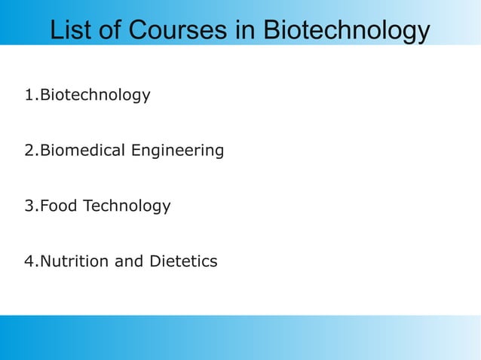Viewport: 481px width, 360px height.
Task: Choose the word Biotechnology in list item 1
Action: (x=94, y=96)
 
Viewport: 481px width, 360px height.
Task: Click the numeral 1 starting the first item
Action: (x=29, y=96)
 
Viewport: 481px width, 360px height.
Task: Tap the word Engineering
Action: (x=177, y=152)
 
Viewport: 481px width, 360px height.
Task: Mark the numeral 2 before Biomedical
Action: (x=29, y=151)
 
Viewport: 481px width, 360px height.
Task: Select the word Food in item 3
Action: (x=57, y=206)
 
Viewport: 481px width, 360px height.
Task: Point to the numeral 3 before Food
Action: (x=29, y=206)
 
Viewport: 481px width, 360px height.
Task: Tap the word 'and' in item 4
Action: (x=127, y=262)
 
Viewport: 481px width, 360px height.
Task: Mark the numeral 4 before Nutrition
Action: (x=29, y=262)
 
